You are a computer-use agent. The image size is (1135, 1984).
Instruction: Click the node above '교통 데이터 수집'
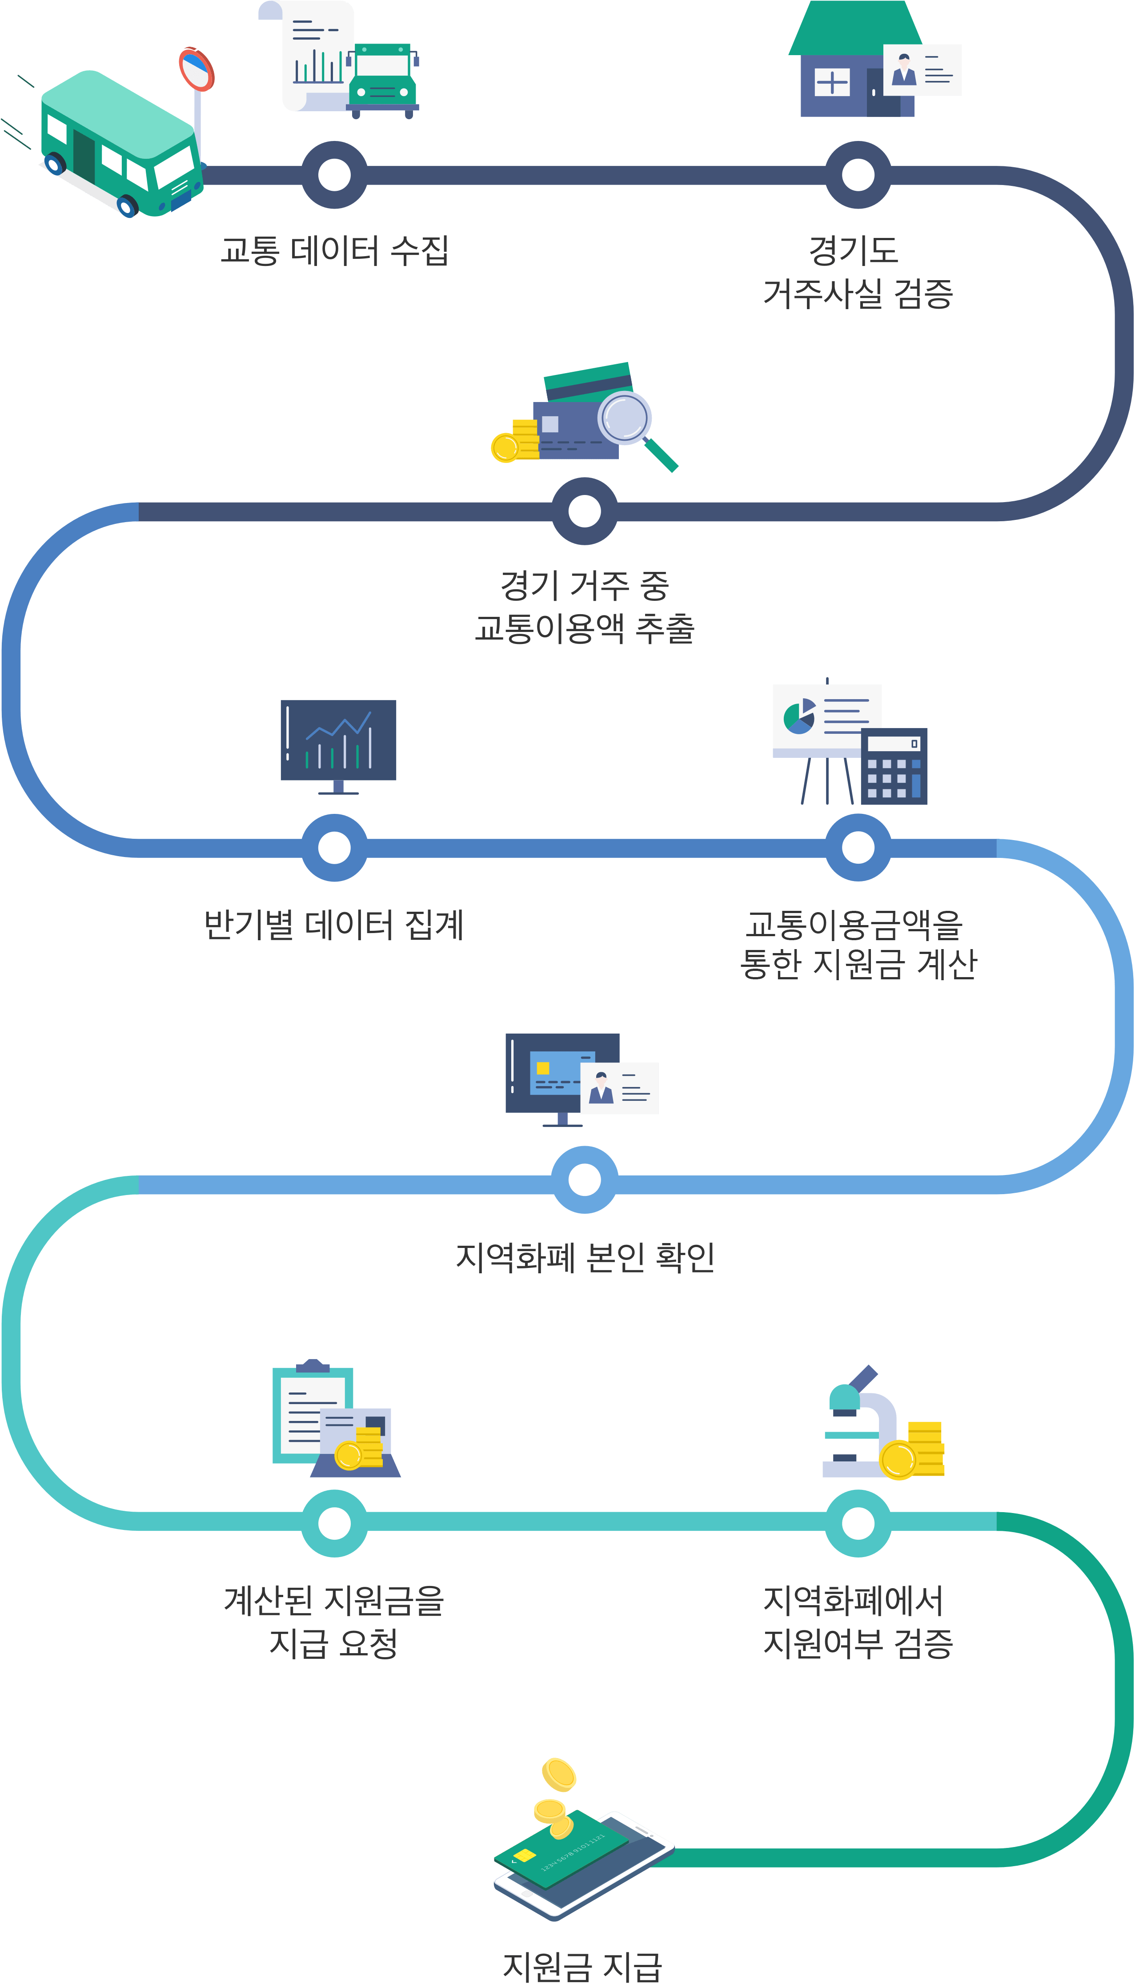(x=334, y=175)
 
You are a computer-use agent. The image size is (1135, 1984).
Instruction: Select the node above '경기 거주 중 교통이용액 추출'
(x=585, y=511)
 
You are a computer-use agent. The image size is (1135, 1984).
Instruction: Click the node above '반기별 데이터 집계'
(x=334, y=847)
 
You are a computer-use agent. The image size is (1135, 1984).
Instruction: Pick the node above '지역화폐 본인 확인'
(x=585, y=1179)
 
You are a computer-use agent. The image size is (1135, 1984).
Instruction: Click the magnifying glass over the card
(x=625, y=419)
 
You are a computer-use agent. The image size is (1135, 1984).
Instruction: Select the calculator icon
(x=894, y=766)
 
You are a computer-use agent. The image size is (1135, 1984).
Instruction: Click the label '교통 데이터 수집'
(x=334, y=251)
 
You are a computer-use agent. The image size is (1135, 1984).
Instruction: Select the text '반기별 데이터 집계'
(x=334, y=925)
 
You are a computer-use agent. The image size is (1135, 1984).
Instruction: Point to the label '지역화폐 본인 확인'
(x=585, y=1257)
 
